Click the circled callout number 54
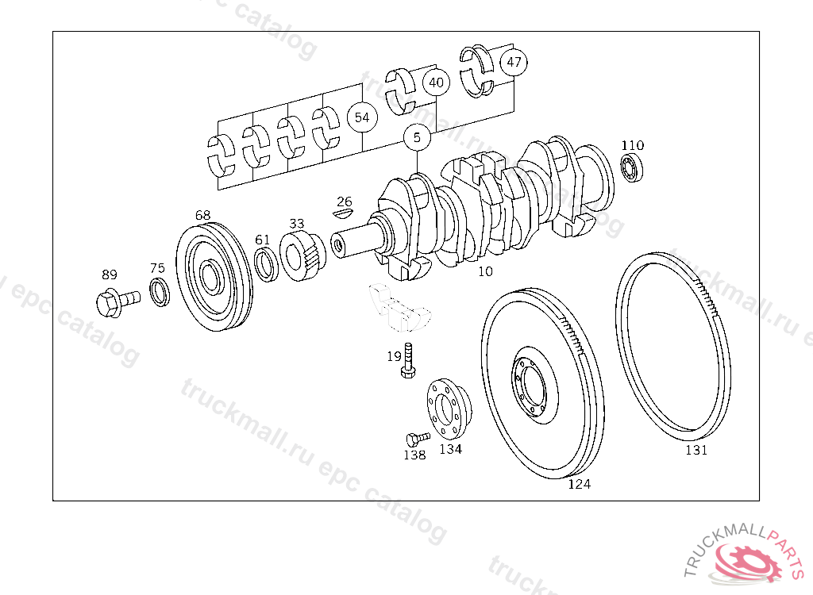point(362,117)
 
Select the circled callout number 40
point(436,83)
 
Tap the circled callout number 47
point(514,62)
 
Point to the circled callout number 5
point(417,138)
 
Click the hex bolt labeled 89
point(118,302)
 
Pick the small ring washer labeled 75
point(159,292)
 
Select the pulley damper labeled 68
point(214,277)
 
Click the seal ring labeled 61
point(267,264)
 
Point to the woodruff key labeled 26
point(342,213)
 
